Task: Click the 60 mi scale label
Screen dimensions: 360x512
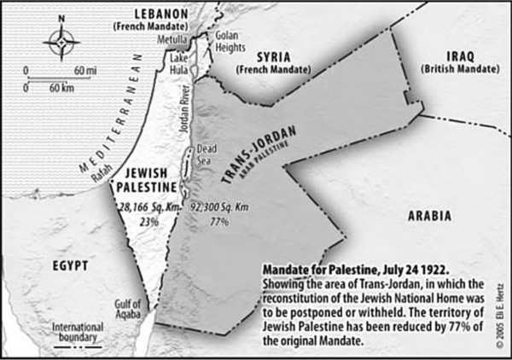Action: (x=83, y=68)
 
